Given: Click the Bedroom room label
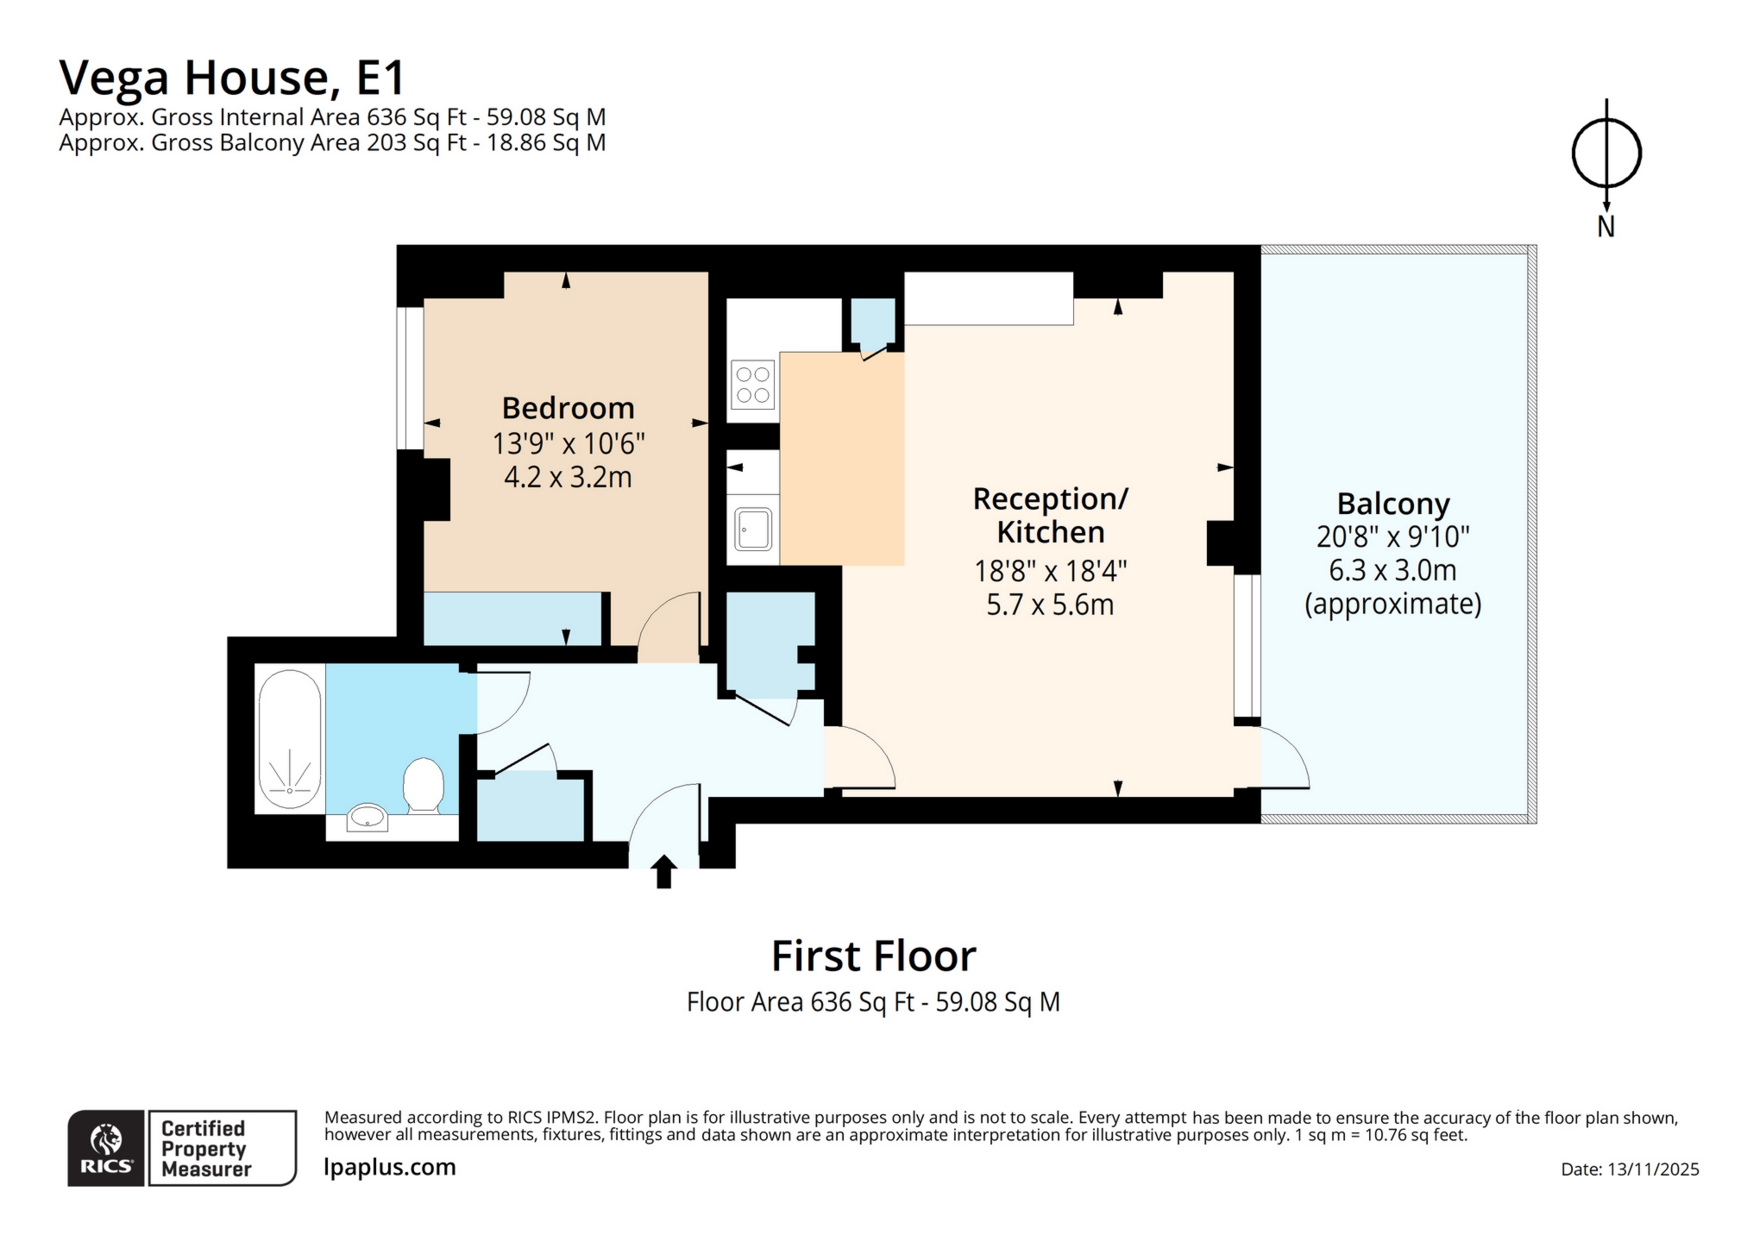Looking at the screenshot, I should pyautogui.click(x=568, y=408).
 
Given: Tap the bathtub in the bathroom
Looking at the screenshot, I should pyautogui.click(x=290, y=739).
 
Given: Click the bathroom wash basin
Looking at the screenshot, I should pyautogui.click(x=368, y=817).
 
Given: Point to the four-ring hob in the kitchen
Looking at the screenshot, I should pyautogui.click(x=752, y=385).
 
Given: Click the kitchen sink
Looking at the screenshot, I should pyautogui.click(x=753, y=529).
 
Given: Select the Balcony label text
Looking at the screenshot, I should pyautogui.click(x=1392, y=504).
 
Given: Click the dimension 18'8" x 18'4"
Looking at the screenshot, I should pyautogui.click(x=1050, y=571).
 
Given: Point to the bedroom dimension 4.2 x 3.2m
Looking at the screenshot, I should pyautogui.click(x=568, y=477).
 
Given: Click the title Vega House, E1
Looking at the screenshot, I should pyautogui.click(x=231, y=78).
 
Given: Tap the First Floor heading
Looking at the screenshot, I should pyautogui.click(x=873, y=956).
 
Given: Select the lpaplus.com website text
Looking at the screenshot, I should pyautogui.click(x=390, y=1167).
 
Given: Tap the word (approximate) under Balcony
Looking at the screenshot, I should pyautogui.click(x=1392, y=604).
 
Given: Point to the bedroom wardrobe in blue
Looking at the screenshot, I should pyautogui.click(x=512, y=618).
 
